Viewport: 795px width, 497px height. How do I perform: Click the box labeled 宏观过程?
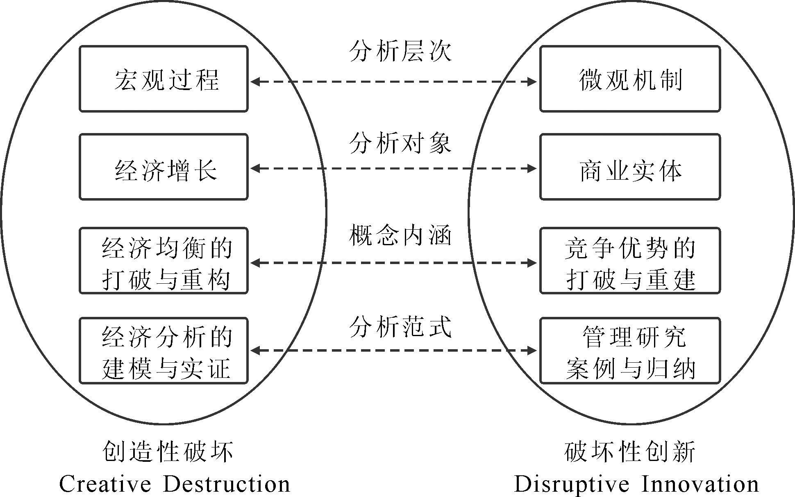pyautogui.click(x=164, y=79)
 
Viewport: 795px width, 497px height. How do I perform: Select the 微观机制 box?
pyautogui.click(x=630, y=79)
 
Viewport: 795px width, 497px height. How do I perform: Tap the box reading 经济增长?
pyautogui.click(x=164, y=167)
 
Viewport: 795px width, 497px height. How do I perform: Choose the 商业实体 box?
pyautogui.click(x=630, y=167)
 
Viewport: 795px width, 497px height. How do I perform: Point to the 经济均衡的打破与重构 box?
pyautogui.click(x=164, y=261)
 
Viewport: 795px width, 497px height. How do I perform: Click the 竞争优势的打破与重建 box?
pyautogui.click(x=630, y=261)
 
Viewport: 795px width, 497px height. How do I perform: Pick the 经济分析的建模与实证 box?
pyautogui.click(x=164, y=351)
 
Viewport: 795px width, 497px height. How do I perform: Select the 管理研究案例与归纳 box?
pyautogui.click(x=630, y=351)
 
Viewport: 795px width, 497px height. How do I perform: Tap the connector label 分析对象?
pyautogui.click(x=400, y=144)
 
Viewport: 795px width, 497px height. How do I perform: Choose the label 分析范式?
pyautogui.click(x=400, y=327)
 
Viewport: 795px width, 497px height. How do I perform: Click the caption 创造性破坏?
pyautogui.click(x=168, y=452)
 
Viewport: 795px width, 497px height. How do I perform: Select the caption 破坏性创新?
pyautogui.click(x=630, y=452)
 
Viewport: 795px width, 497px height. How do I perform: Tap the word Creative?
pyautogui.click(x=105, y=484)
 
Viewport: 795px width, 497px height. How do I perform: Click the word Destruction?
pyautogui.click(x=227, y=484)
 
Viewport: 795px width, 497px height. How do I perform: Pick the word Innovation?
pyautogui.click(x=700, y=484)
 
